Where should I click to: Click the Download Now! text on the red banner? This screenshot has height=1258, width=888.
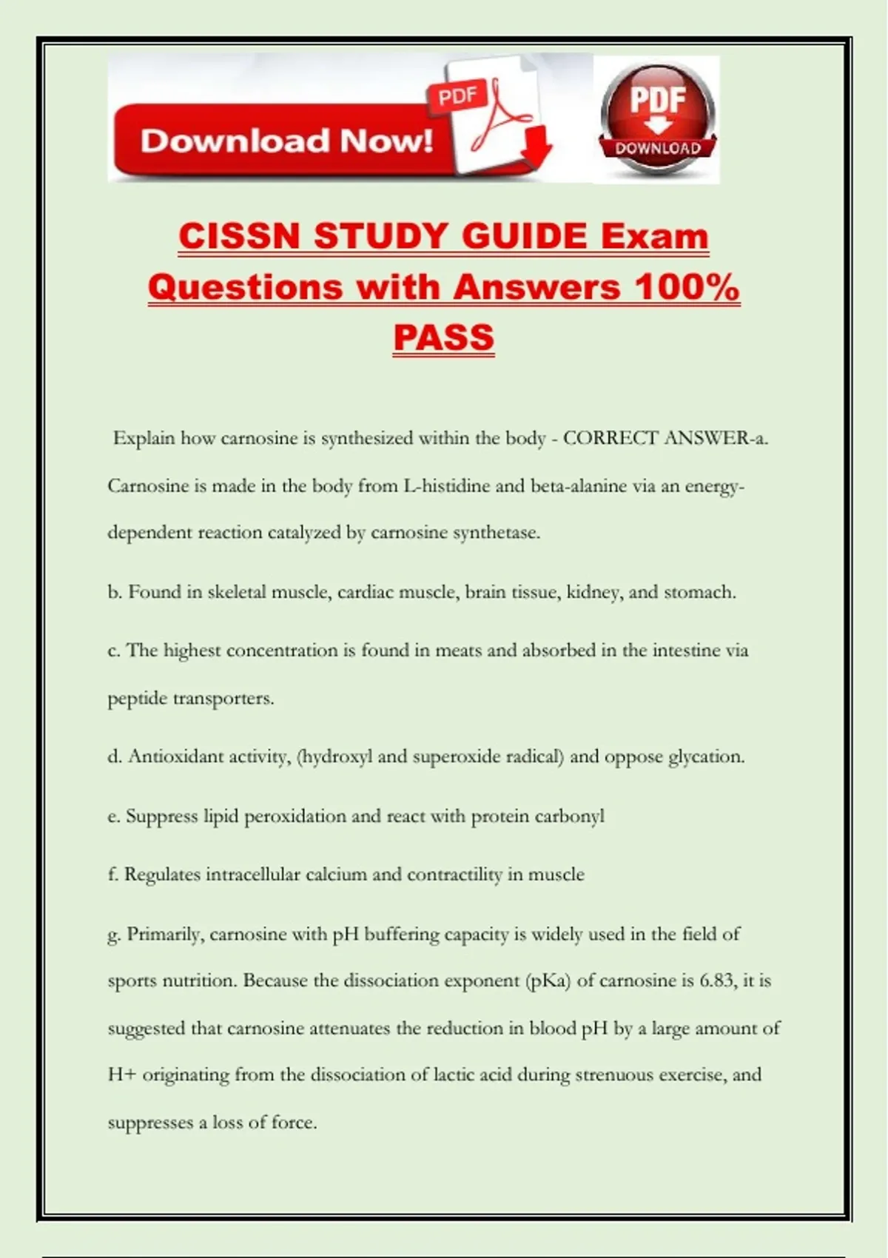coord(286,141)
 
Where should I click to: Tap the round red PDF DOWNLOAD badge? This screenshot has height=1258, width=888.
coord(657,118)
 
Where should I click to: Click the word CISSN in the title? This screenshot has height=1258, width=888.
coord(240,237)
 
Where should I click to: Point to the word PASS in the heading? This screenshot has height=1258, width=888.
coord(443,337)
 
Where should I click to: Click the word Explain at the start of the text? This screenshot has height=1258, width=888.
coord(144,438)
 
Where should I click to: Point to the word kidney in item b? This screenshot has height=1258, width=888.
coord(593,593)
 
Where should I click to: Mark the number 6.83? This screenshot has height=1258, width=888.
coord(717,980)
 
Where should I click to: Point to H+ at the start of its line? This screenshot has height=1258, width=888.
coord(121,1074)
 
